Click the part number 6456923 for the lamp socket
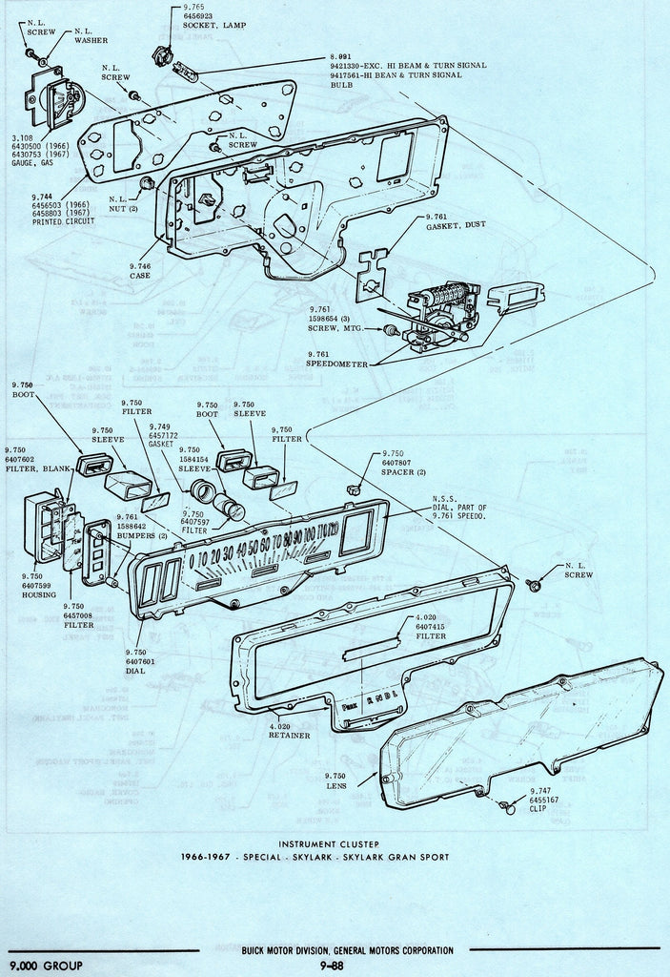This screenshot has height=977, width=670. click(202, 17)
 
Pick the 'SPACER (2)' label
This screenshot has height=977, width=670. click(402, 473)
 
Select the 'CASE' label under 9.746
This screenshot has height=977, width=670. click(140, 277)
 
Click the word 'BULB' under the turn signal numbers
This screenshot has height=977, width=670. click(342, 84)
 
